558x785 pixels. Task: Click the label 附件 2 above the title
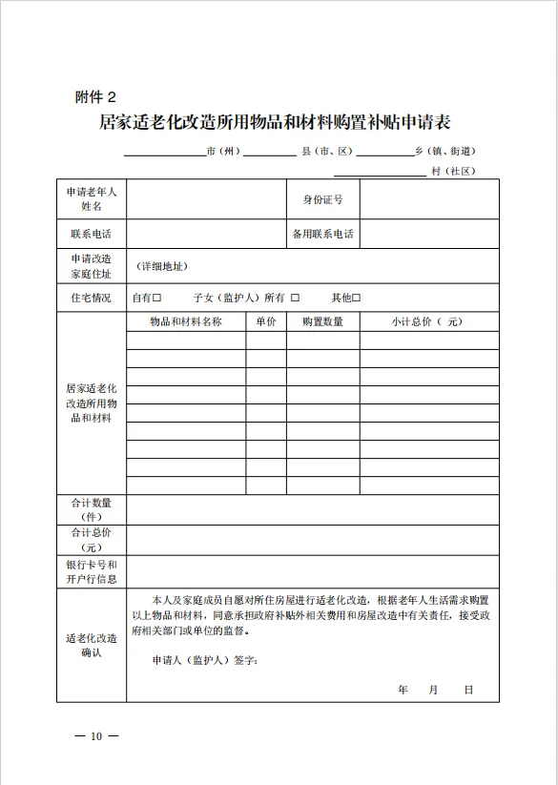pos(95,96)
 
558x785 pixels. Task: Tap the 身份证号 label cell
pos(322,199)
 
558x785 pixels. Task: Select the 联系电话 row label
pos(91,234)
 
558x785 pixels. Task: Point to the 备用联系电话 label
pos(322,234)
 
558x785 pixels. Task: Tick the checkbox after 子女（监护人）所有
pos(296,298)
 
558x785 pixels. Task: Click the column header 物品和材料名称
pos(186,322)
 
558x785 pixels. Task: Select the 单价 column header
pos(265,322)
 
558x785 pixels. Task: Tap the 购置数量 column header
pos(322,322)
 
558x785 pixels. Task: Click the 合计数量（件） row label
pos(91,509)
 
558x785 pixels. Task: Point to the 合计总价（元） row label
pos(91,540)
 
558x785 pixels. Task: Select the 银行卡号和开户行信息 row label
pos(91,571)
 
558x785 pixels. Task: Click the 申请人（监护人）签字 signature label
pos(204,660)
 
